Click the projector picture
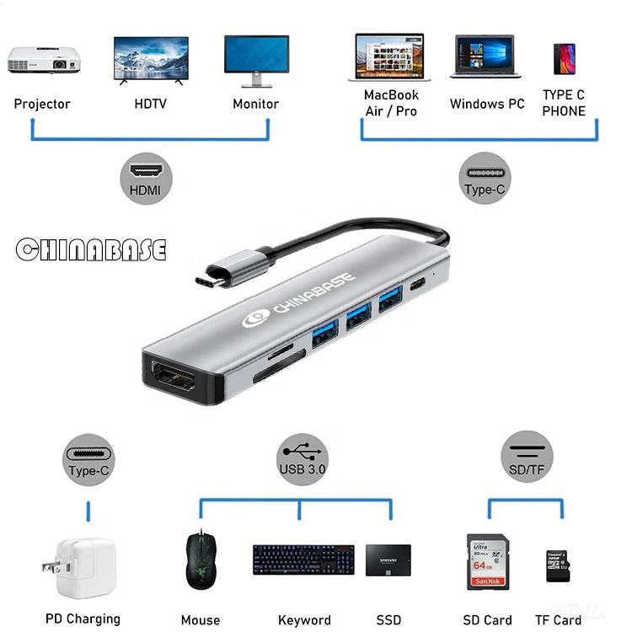pyautogui.click(x=44, y=59)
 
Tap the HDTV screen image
pyautogui.click(x=151, y=59)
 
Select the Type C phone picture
pyautogui.click(x=564, y=59)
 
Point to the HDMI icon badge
pyautogui.click(x=145, y=177)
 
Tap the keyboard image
pyautogui.click(x=303, y=560)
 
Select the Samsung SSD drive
pyautogui.click(x=388, y=560)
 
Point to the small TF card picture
pyautogui.click(x=557, y=566)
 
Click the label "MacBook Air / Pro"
pyautogui.click(x=391, y=103)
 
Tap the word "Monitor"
pyautogui.click(x=255, y=104)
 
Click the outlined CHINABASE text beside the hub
pyautogui.click(x=91, y=249)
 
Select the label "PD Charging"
pyautogui.click(x=82, y=619)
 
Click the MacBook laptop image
pyautogui.click(x=390, y=57)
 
